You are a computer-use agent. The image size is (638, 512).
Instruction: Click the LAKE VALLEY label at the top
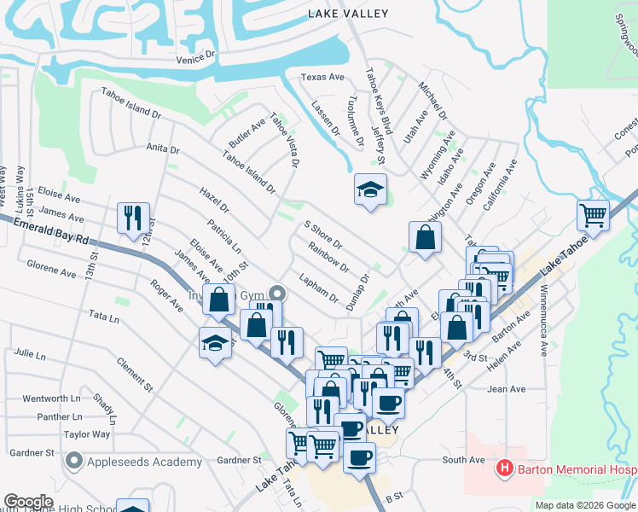348,14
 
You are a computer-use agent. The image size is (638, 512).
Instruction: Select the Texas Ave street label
322,78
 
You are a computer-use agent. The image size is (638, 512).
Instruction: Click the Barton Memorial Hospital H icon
504,468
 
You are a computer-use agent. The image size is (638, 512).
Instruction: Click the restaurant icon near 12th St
133,218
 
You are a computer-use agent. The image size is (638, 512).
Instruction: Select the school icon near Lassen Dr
371,189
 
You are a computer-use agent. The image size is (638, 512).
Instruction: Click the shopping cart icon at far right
593,215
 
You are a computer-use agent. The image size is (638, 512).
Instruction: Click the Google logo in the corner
28,502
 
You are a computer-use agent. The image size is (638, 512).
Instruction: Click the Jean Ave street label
506,389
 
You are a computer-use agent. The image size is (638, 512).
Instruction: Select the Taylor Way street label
87,434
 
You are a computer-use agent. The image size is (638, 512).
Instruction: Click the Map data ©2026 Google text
585,505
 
